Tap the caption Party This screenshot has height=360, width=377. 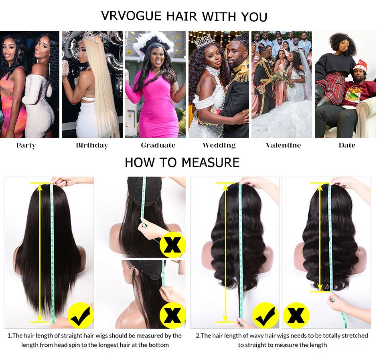coord(26,145)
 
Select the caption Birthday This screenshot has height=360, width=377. coord(92,145)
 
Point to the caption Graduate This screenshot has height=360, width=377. coord(158,145)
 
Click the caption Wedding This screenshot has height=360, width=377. coord(219,145)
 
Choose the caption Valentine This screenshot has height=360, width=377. coord(283,145)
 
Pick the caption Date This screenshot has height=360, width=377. coord(347,145)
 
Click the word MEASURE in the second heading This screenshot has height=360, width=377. coord(211,162)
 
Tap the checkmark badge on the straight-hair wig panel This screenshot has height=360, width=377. coord(81,315)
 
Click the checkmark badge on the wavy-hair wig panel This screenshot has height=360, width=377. coord(265,315)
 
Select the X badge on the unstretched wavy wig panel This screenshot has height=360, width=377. coord(296,315)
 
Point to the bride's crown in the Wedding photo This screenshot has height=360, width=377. coord(204,41)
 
